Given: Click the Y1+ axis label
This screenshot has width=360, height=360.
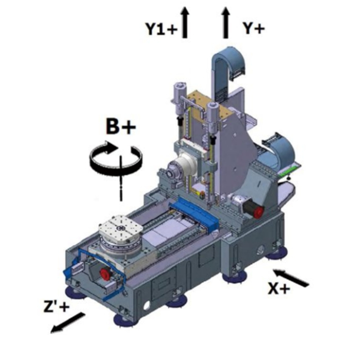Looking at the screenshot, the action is [x=161, y=29].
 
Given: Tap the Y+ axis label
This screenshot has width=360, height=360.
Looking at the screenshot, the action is [x=254, y=28].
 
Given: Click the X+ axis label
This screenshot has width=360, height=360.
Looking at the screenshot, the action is [x=279, y=288].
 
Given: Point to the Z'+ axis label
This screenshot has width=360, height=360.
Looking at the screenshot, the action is [x=57, y=307].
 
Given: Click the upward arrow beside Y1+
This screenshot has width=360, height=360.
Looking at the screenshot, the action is [x=184, y=22].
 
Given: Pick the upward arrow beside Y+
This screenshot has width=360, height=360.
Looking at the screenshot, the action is [x=226, y=22].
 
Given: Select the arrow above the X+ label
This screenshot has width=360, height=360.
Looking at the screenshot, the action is [x=290, y=278].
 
